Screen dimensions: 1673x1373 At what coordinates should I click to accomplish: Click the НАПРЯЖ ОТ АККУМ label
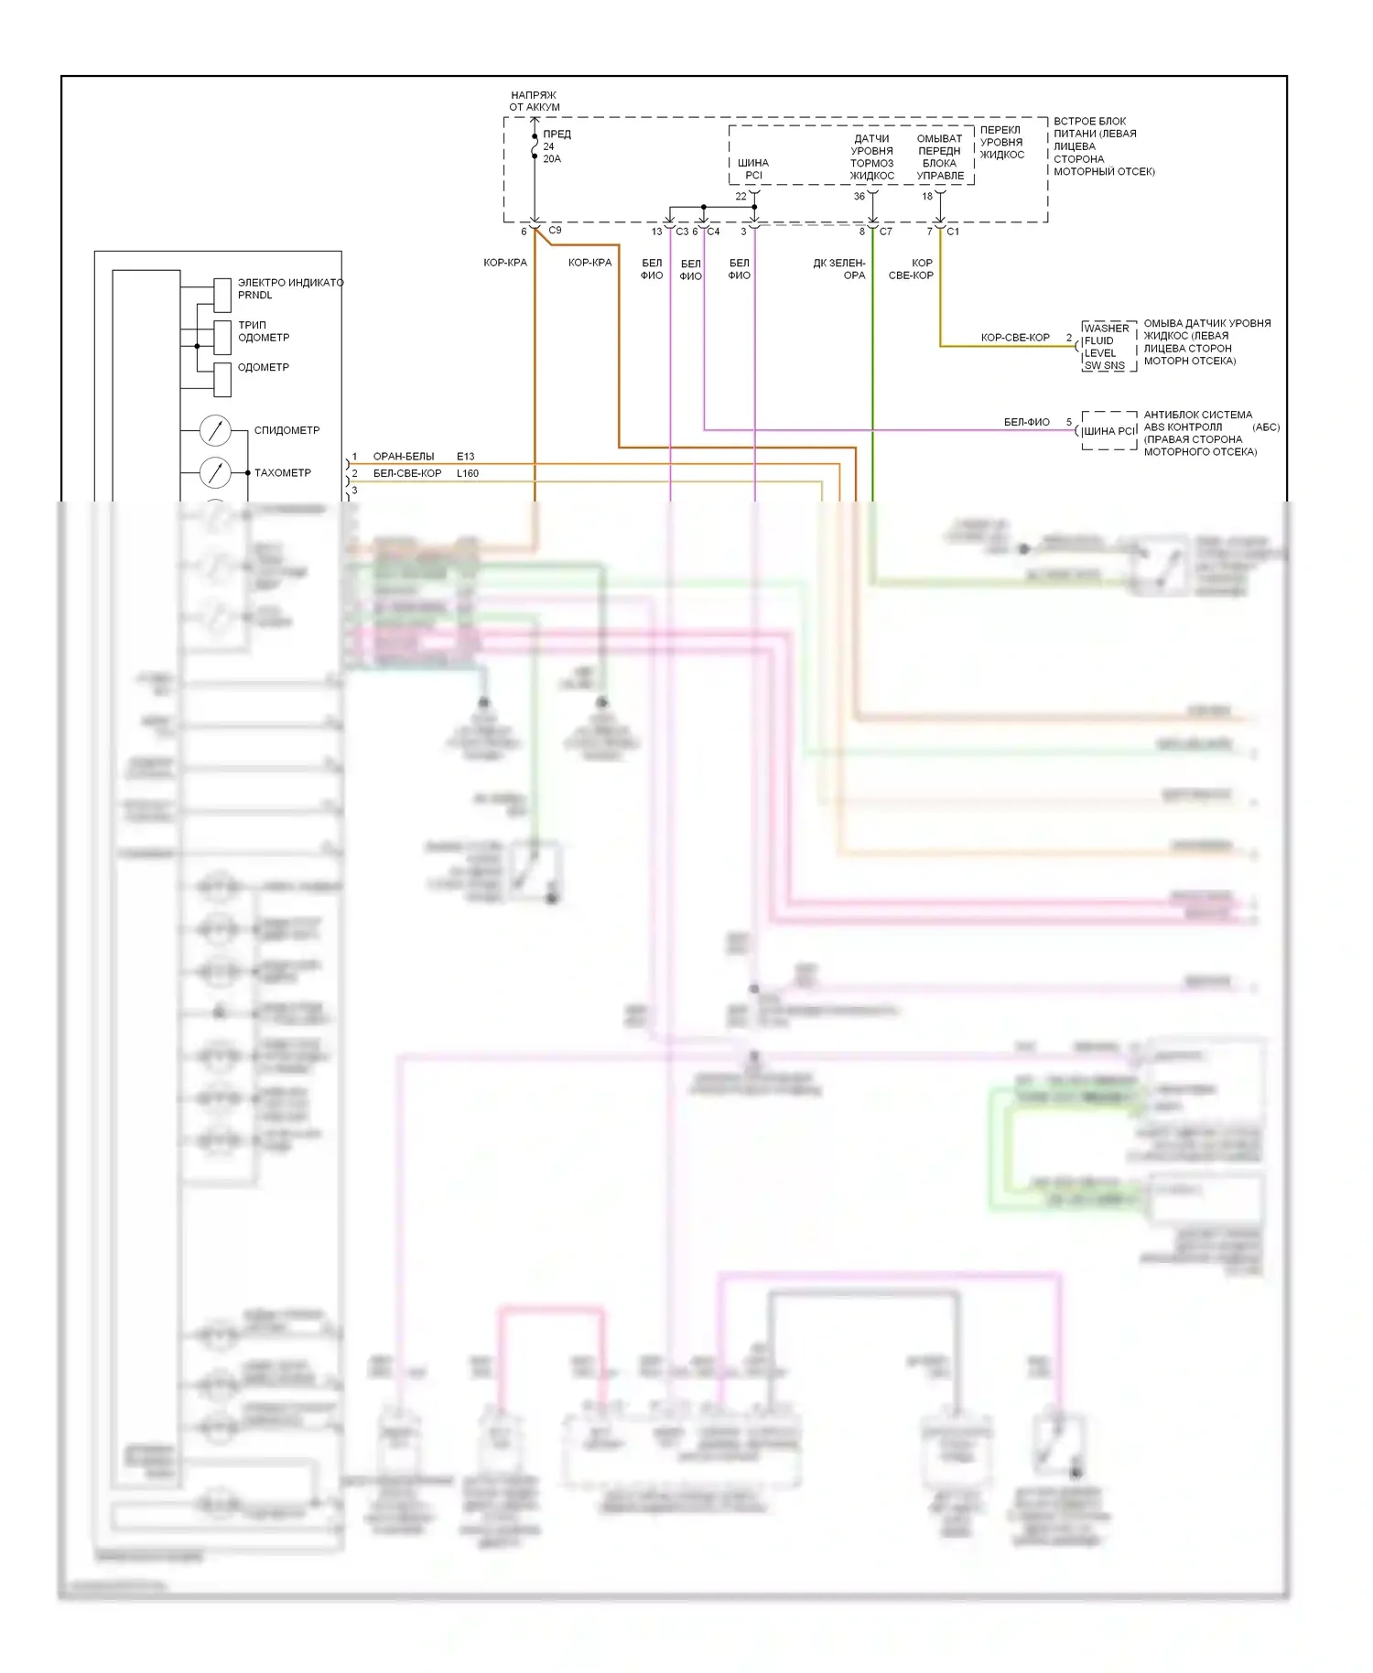(535, 101)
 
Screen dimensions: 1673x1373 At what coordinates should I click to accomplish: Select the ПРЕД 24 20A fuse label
(556, 146)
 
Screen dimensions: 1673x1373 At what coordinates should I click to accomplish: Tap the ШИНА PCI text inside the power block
(753, 169)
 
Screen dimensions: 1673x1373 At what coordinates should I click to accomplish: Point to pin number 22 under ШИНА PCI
(741, 197)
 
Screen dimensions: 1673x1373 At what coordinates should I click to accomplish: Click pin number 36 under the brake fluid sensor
(859, 197)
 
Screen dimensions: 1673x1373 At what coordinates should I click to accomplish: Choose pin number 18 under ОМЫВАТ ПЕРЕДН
(927, 197)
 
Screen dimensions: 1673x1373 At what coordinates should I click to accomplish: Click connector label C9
(555, 231)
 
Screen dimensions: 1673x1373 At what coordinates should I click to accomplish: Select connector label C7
(885, 232)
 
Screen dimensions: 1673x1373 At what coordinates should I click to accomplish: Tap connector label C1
(953, 232)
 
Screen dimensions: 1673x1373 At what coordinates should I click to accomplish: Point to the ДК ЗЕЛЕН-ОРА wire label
(839, 269)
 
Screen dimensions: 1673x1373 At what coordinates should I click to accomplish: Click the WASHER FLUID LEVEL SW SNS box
(1108, 347)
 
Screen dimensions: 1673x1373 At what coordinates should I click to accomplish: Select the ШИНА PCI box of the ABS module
(1109, 431)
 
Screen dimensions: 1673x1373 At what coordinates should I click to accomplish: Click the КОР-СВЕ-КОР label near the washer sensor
(1015, 338)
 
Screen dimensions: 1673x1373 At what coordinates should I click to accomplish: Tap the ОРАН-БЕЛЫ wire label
(404, 457)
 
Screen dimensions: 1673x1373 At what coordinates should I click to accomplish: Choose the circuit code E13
(466, 457)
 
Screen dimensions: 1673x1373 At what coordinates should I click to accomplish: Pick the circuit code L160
(468, 473)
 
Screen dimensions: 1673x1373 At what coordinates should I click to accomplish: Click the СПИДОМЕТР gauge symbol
(215, 430)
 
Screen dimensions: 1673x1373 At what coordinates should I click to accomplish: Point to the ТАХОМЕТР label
(282, 473)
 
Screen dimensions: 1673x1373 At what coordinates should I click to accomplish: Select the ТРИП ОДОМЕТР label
(264, 331)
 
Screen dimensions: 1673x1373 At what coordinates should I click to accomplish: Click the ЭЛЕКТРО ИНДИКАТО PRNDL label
(289, 288)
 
